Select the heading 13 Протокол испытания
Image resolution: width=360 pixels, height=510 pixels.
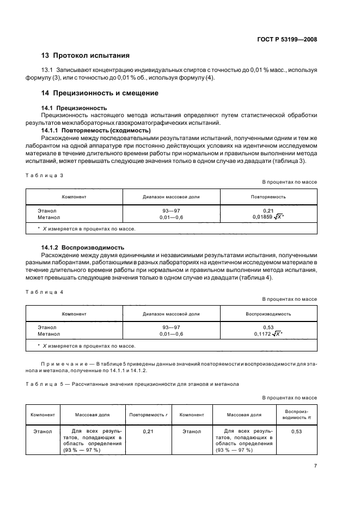pyautogui.click(x=85, y=56)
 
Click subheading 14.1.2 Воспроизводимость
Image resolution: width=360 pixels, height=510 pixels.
pyautogui.click(x=83, y=247)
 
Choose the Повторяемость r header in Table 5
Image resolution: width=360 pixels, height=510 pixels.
pyautogui.click(x=147, y=414)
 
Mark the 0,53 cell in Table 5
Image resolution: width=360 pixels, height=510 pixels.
pyautogui.click(x=296, y=432)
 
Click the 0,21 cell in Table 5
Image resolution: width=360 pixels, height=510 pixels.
pyautogui.click(x=147, y=432)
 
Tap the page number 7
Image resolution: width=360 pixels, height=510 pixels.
pyautogui.click(x=315, y=465)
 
